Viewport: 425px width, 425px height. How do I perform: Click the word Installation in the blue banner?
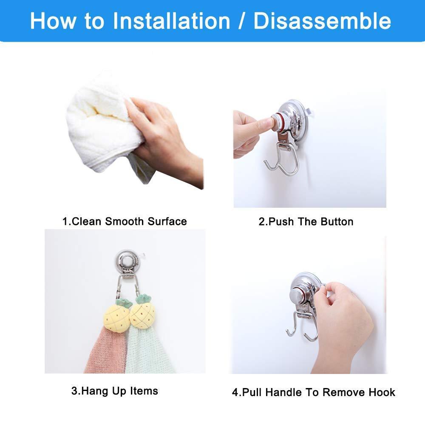coord(171,21)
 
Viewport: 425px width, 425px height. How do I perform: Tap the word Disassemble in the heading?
coord(322,21)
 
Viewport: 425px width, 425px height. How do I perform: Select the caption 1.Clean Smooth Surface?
coord(125,221)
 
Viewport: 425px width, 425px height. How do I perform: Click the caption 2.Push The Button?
coord(306,222)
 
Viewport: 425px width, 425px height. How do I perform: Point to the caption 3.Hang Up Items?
coord(115,391)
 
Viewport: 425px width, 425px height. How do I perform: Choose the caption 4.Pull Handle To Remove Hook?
coord(314,392)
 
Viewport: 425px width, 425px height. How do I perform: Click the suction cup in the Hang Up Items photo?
coord(126,261)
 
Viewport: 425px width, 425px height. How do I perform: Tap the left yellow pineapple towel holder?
coord(118,316)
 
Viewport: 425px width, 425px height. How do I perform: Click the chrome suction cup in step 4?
coord(305,292)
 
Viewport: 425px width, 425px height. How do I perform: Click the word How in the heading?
coord(54,21)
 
